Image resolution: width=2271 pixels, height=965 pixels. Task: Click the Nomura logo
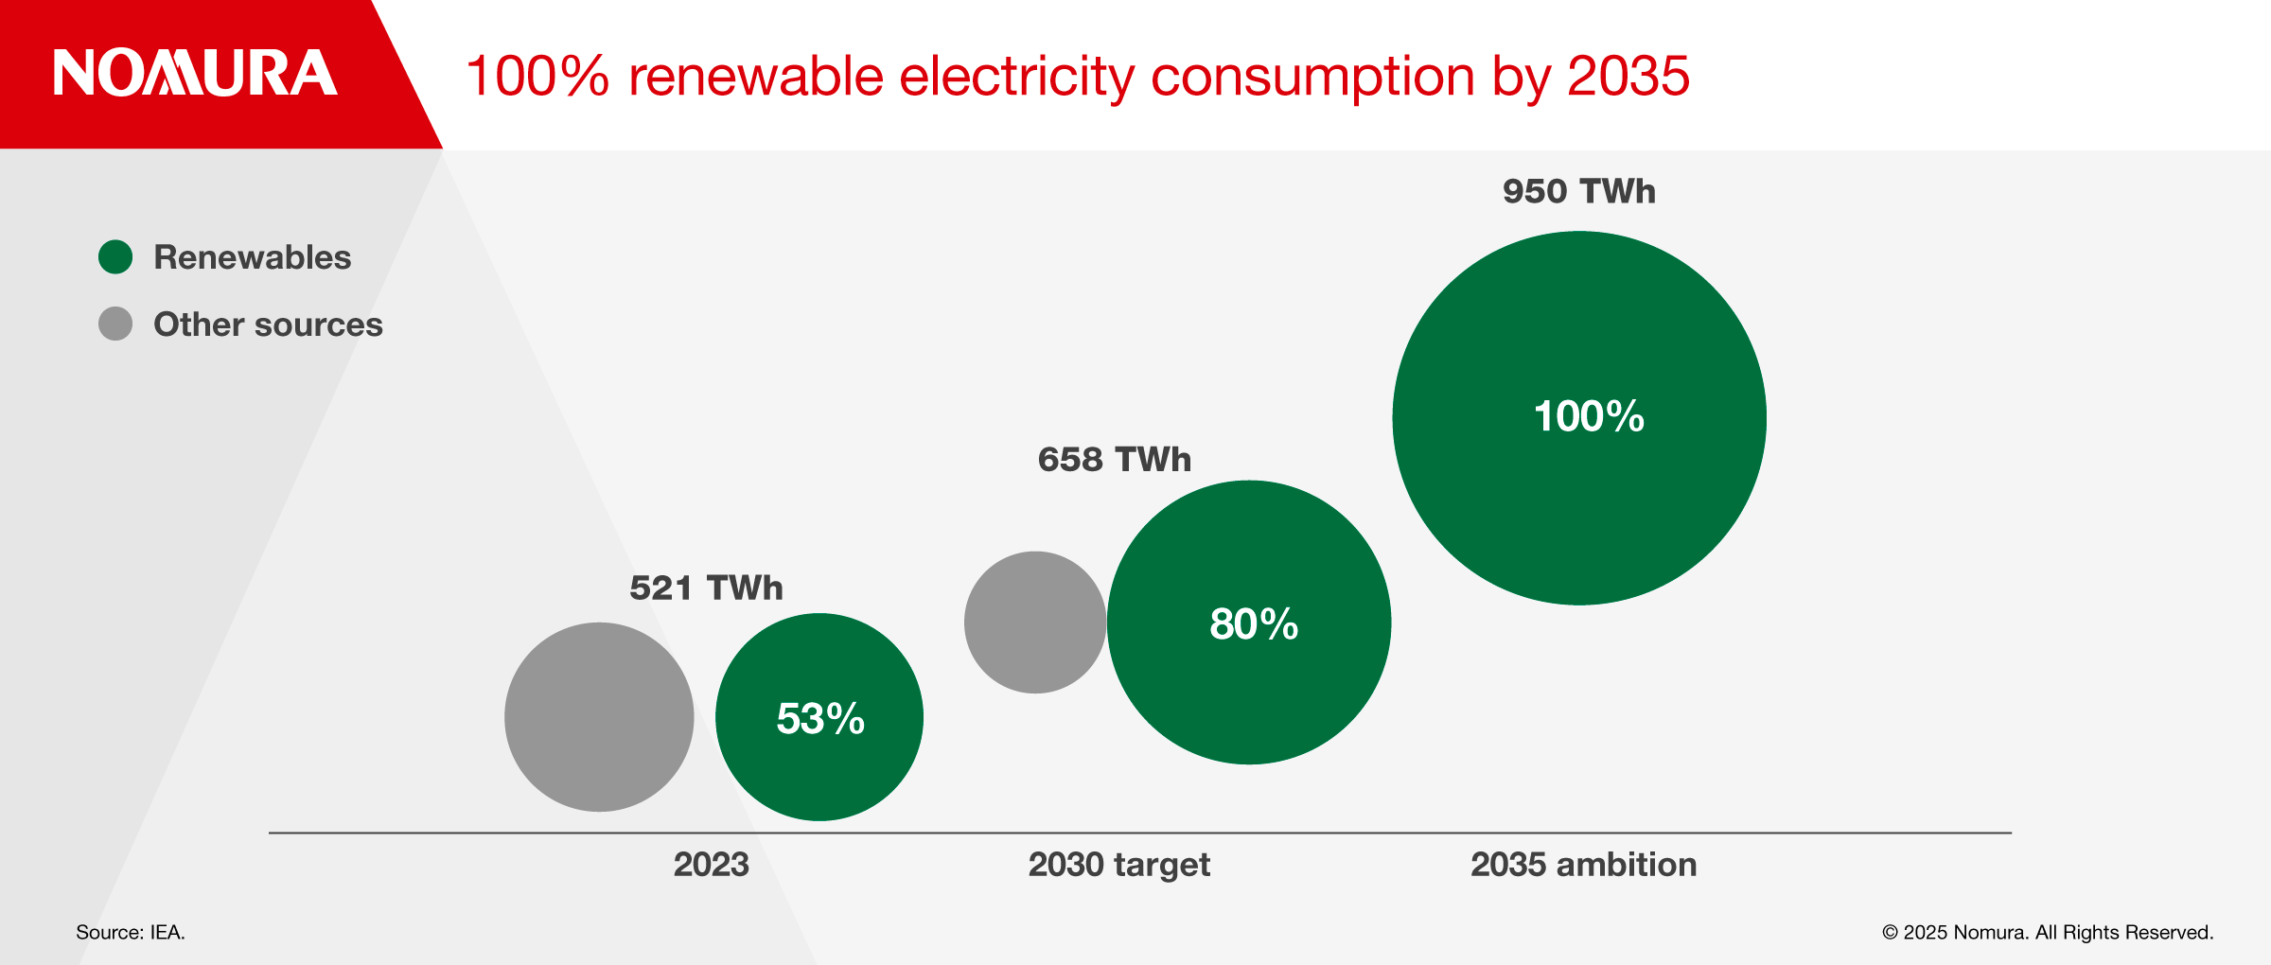[195, 73]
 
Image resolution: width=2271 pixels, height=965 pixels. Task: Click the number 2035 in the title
[1628, 76]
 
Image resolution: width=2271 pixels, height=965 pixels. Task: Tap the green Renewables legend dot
[115, 257]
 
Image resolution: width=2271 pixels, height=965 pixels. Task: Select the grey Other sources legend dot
[115, 324]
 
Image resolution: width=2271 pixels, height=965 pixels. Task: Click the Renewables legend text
[252, 257]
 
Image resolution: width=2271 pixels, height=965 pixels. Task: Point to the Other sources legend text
[268, 325]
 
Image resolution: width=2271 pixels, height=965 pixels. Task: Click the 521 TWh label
[706, 588]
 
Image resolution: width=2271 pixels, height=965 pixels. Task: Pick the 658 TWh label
[1114, 459]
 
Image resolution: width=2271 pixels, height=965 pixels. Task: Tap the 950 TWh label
[1578, 191]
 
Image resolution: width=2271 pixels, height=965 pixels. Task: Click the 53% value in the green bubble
[820, 718]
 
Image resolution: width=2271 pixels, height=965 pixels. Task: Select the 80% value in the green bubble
[1254, 623]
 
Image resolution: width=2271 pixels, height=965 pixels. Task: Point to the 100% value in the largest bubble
[1589, 416]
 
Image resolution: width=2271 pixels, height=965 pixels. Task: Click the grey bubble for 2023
[599, 716]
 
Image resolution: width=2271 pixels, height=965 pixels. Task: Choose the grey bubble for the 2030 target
[1035, 623]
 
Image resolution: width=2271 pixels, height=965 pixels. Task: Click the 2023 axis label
[711, 864]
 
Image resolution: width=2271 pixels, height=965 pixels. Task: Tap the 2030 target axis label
[1118, 864]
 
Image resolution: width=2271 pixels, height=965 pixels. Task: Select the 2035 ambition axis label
[1583, 864]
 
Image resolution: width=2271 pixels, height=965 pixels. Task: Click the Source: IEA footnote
[131, 932]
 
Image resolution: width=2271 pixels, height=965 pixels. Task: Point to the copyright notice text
[2048, 932]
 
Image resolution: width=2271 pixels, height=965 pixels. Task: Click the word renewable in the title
[755, 76]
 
